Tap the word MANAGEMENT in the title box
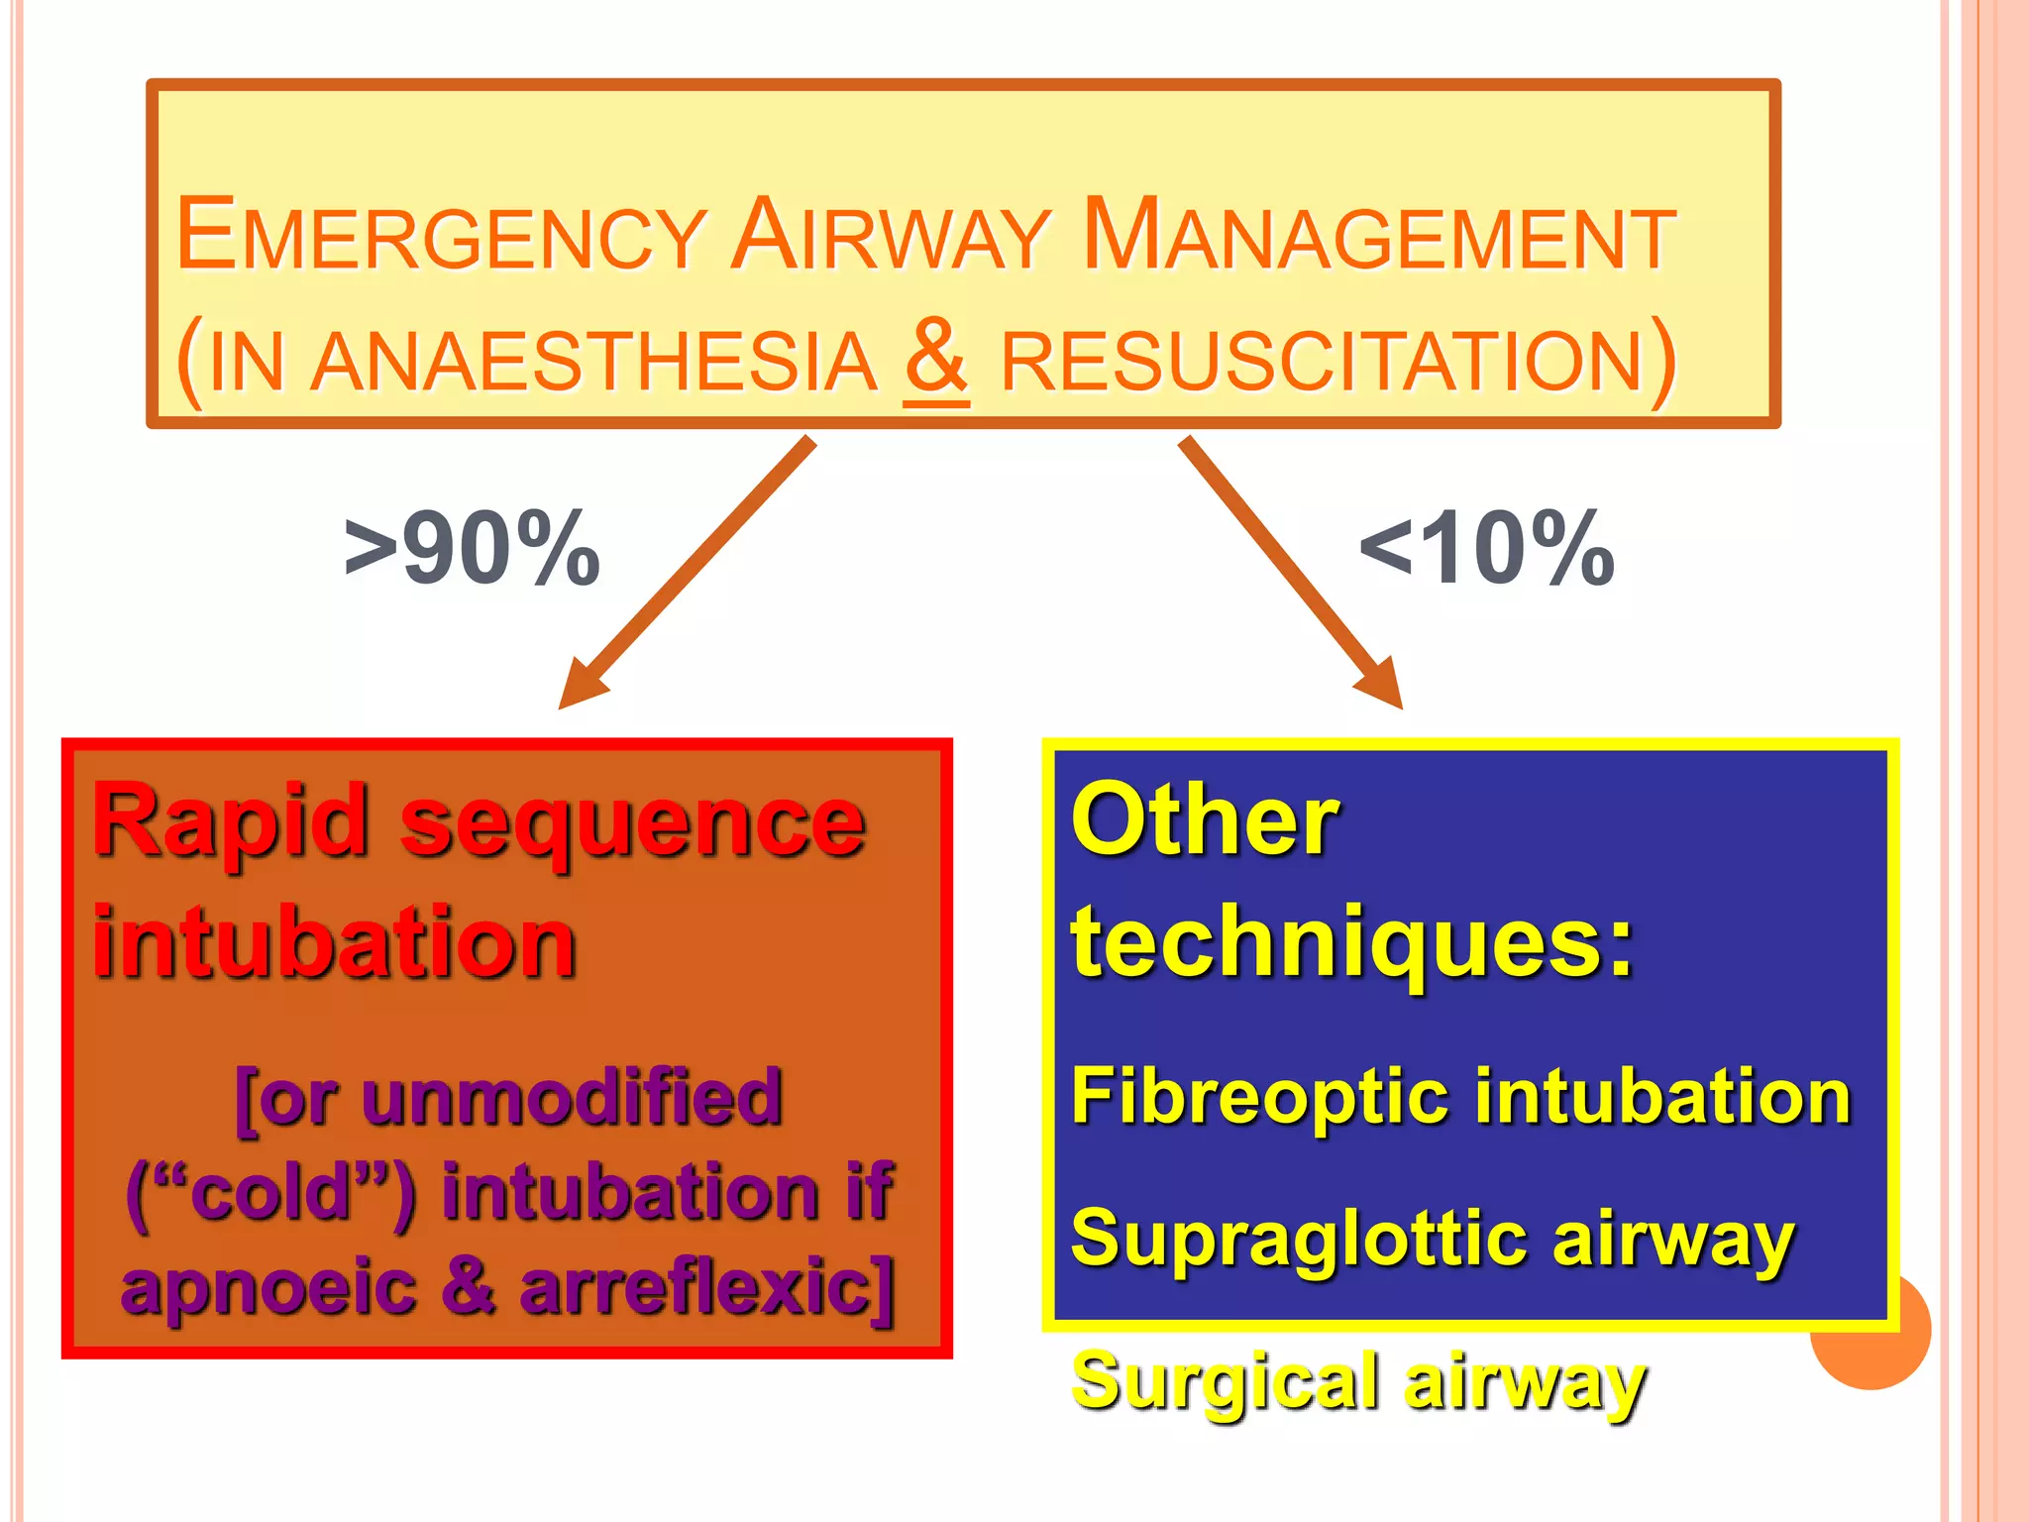[x=1379, y=236]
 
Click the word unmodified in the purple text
[x=572, y=1098]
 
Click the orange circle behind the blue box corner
[x=1882, y=1358]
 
